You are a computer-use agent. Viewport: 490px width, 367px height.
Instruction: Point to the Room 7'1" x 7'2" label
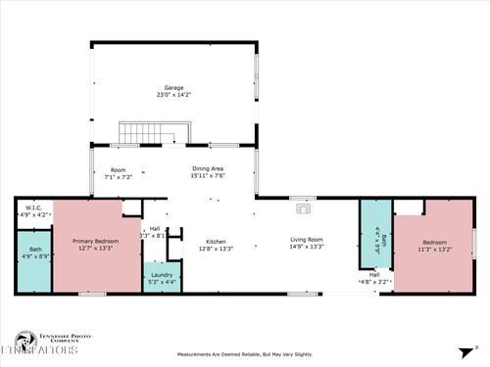[118, 172]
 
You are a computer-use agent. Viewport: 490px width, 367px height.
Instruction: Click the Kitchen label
[216, 241]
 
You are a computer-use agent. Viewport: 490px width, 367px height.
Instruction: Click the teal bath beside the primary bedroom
[34, 260]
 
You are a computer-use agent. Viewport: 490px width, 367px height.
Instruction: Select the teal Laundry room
[162, 277]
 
